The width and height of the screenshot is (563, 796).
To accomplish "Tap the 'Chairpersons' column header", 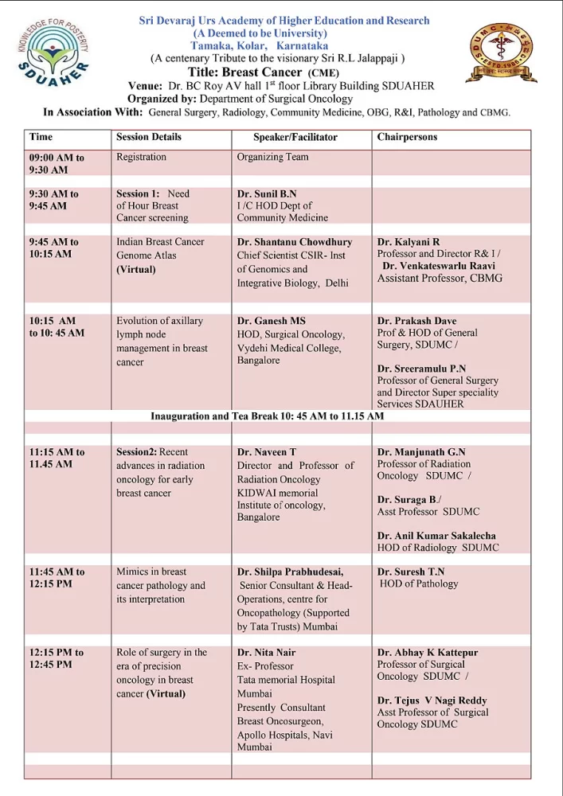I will [407, 137].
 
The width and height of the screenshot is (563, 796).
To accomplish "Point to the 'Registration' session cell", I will [141, 157].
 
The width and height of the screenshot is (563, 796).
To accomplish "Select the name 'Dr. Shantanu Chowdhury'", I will [294, 242].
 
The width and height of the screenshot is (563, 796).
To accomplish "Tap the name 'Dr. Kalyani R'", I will [409, 241].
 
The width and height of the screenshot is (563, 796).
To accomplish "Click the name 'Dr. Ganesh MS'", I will [272, 322].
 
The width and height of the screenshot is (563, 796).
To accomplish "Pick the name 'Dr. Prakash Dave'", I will [419, 321].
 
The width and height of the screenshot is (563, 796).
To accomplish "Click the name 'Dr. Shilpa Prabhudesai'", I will [290, 572].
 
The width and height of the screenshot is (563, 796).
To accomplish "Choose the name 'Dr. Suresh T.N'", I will [411, 572].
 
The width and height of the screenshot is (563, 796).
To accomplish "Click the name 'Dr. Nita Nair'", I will [268, 653].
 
